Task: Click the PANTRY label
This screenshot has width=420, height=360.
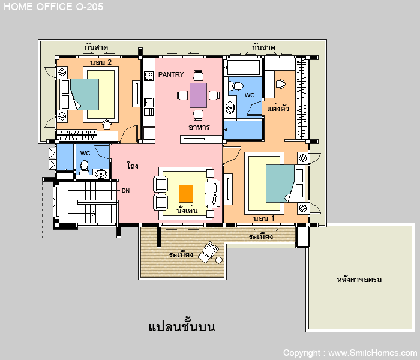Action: pyautogui.click(x=171, y=74)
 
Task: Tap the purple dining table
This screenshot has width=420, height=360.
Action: pyautogui.click(x=198, y=95)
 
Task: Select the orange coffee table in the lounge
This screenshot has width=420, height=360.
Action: pyautogui.click(x=186, y=194)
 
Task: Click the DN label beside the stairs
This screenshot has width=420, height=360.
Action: pyautogui.click(x=125, y=190)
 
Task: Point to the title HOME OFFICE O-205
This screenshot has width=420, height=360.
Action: pyautogui.click(x=53, y=7)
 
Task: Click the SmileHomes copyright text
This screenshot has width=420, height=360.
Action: pyautogui.click(x=350, y=353)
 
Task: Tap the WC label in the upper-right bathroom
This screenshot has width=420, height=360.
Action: pyautogui.click(x=250, y=95)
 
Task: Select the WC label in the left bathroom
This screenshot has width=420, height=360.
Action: pyautogui.click(x=85, y=153)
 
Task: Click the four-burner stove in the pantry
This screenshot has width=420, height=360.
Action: pyautogui.click(x=149, y=76)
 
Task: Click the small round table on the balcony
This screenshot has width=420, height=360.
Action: pyautogui.click(x=219, y=260)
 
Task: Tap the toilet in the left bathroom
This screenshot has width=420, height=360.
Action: pyautogui.click(x=85, y=167)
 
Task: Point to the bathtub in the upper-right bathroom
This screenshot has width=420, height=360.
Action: pyautogui.click(x=244, y=67)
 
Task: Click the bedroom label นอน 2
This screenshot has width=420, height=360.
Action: pyautogui.click(x=100, y=62)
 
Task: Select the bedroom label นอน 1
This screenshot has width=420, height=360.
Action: pyautogui.click(x=264, y=218)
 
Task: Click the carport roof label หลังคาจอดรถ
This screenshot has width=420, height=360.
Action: pyautogui.click(x=359, y=280)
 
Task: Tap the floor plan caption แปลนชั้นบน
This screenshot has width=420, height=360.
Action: pyautogui.click(x=182, y=326)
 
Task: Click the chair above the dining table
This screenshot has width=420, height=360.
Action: pyautogui.click(x=198, y=76)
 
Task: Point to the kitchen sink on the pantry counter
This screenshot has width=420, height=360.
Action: pyautogui.click(x=149, y=103)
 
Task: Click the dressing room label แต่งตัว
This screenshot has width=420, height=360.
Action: pyautogui.click(x=278, y=108)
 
